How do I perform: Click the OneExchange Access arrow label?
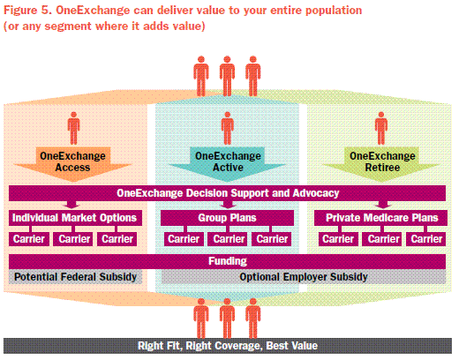click(72, 161)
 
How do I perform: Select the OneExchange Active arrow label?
click(228, 161)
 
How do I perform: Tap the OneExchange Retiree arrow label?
click(382, 161)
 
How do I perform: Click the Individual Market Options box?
click(75, 218)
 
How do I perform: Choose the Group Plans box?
click(227, 218)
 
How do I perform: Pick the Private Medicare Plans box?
click(380, 218)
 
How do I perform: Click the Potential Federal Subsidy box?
click(75, 277)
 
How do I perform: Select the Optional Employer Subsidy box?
click(304, 277)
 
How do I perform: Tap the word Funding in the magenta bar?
click(228, 261)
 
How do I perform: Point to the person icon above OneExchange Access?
click(73, 128)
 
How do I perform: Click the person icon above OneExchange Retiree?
click(381, 128)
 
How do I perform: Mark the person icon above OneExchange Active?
click(228, 128)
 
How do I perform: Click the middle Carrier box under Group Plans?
click(229, 239)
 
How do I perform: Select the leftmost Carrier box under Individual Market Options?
click(29, 239)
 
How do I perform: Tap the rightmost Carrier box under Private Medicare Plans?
click(426, 239)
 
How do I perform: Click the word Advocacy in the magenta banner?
click(316, 193)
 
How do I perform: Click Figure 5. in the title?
click(27, 11)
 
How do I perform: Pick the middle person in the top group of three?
click(227, 76)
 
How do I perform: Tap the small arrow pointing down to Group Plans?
click(228, 205)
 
